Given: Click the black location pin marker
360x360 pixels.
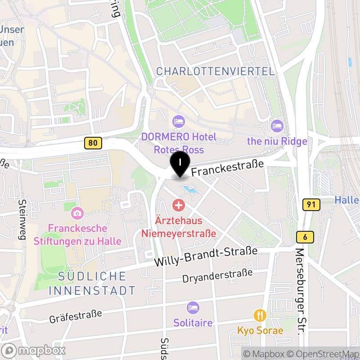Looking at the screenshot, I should (180, 164).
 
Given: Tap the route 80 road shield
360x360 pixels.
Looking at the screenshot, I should (93, 144).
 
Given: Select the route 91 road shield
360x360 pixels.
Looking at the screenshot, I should (311, 205).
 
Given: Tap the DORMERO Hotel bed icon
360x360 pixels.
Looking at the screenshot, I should (179, 121).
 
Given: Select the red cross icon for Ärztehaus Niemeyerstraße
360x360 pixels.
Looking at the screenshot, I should (179, 206).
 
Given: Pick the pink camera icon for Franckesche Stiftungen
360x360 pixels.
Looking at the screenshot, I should (77, 212).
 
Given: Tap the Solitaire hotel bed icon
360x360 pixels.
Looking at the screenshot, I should (193, 308).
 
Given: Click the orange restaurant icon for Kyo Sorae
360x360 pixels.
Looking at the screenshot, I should (260, 315).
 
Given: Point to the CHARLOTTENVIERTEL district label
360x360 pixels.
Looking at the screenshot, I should (215, 71).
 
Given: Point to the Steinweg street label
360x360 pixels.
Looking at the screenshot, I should (22, 219).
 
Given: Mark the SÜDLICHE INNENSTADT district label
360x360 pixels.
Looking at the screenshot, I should (92, 283).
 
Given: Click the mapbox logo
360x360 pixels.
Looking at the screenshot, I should (34, 350).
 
